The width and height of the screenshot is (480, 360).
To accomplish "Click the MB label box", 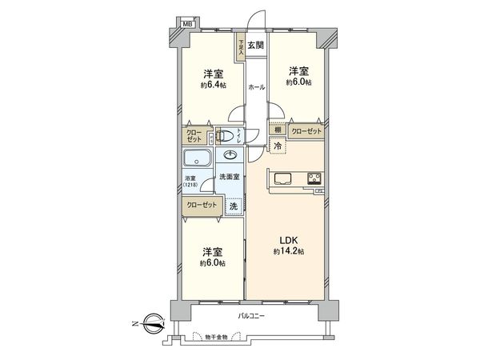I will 187,24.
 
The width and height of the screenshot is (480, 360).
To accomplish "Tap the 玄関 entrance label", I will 255,46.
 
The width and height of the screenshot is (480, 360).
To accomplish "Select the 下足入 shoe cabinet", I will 240,49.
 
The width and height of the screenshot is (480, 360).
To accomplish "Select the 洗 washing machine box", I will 233,206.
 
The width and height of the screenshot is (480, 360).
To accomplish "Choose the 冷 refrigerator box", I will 278,146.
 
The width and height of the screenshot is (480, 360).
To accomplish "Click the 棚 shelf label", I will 278,130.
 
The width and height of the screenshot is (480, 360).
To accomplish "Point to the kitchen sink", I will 284,178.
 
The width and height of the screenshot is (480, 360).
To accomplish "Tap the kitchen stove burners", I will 313,178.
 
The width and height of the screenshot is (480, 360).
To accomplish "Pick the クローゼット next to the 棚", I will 306,130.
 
